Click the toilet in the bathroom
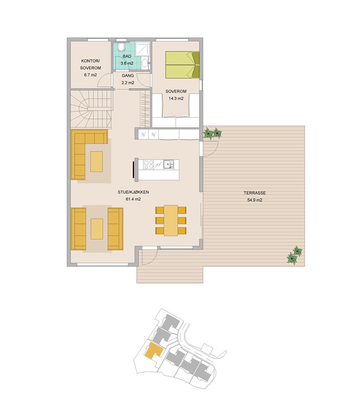(121, 46)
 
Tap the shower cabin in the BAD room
(142, 49)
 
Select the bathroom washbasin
(145, 63)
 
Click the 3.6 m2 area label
(127, 63)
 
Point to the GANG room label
(128, 76)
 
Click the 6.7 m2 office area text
(90, 75)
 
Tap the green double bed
(182, 65)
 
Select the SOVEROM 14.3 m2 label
(176, 95)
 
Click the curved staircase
(91, 109)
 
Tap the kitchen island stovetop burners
(148, 165)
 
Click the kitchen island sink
(169, 164)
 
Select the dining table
(171, 220)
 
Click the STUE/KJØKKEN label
(133, 192)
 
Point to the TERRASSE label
(255, 193)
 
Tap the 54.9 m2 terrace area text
(255, 200)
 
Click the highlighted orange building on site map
(153, 351)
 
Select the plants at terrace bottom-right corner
(295, 255)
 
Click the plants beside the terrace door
(213, 133)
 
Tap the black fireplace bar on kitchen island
(133, 169)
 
